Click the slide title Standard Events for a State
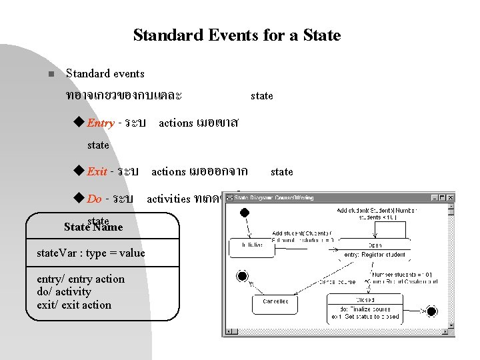click(x=237, y=35)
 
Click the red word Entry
click(x=101, y=123)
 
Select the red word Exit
click(x=97, y=172)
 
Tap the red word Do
click(x=95, y=199)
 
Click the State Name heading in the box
click(x=93, y=227)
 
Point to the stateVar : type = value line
click(x=91, y=253)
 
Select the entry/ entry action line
click(x=81, y=279)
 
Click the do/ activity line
click(x=64, y=292)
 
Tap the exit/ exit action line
click(x=74, y=305)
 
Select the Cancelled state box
click(x=275, y=302)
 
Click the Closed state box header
click(x=365, y=299)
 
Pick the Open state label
click(x=373, y=245)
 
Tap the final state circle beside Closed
click(x=431, y=311)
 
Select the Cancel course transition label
click(x=337, y=282)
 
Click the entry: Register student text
click(x=374, y=255)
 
